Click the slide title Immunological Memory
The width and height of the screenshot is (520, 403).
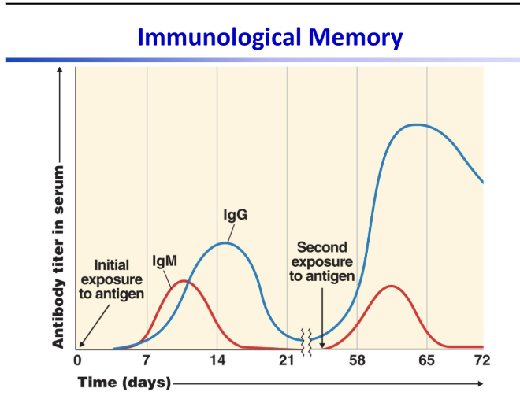[x=270, y=36]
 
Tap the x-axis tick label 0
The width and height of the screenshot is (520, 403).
[x=76, y=360]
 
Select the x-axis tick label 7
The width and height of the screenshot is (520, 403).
[x=147, y=360]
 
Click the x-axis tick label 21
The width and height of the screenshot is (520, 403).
[x=287, y=360]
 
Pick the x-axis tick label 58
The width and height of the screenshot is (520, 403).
[x=357, y=360]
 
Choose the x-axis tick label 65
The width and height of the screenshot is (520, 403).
[x=426, y=360]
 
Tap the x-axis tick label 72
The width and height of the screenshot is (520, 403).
[x=481, y=360]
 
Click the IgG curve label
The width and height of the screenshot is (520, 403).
[x=236, y=215]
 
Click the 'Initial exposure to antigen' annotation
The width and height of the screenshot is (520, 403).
[x=112, y=279]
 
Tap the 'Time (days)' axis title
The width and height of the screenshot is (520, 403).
[x=124, y=383]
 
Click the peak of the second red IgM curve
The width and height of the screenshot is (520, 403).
[x=392, y=286]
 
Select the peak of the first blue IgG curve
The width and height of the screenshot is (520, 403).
[x=225, y=242]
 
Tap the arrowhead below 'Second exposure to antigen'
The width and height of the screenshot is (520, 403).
[x=322, y=344]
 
